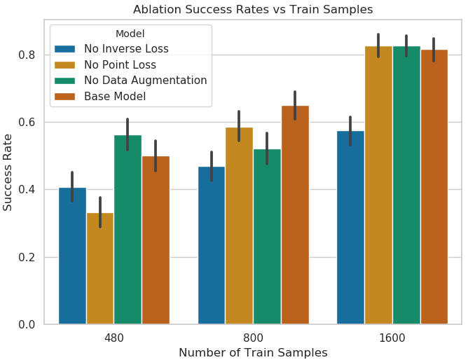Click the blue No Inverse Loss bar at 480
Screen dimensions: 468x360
[x=73, y=256]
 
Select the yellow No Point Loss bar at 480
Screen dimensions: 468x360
[x=100, y=268]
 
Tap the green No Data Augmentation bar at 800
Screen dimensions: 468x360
[x=267, y=236]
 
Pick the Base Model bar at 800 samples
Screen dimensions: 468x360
[x=295, y=215]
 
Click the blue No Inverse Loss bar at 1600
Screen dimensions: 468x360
[x=351, y=227]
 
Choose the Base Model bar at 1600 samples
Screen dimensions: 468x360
[x=434, y=187]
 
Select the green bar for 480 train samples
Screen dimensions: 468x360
[x=128, y=229]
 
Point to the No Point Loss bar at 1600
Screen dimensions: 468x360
[x=378, y=185]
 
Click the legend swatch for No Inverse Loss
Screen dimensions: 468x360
[x=64, y=49]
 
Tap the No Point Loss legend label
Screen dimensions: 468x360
[x=120, y=64]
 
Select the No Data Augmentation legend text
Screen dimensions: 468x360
[x=145, y=81]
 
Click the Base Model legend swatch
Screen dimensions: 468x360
[x=64, y=97]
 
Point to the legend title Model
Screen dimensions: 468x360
[x=130, y=34]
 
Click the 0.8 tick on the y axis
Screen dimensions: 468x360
[x=27, y=55]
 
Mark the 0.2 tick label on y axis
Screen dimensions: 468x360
[x=27, y=257]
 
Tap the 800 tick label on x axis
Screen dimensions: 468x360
[x=253, y=338]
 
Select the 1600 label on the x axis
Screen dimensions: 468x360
[x=392, y=338]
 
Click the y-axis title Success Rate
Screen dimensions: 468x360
[x=7, y=172]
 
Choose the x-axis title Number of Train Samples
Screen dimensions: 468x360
[x=253, y=352]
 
